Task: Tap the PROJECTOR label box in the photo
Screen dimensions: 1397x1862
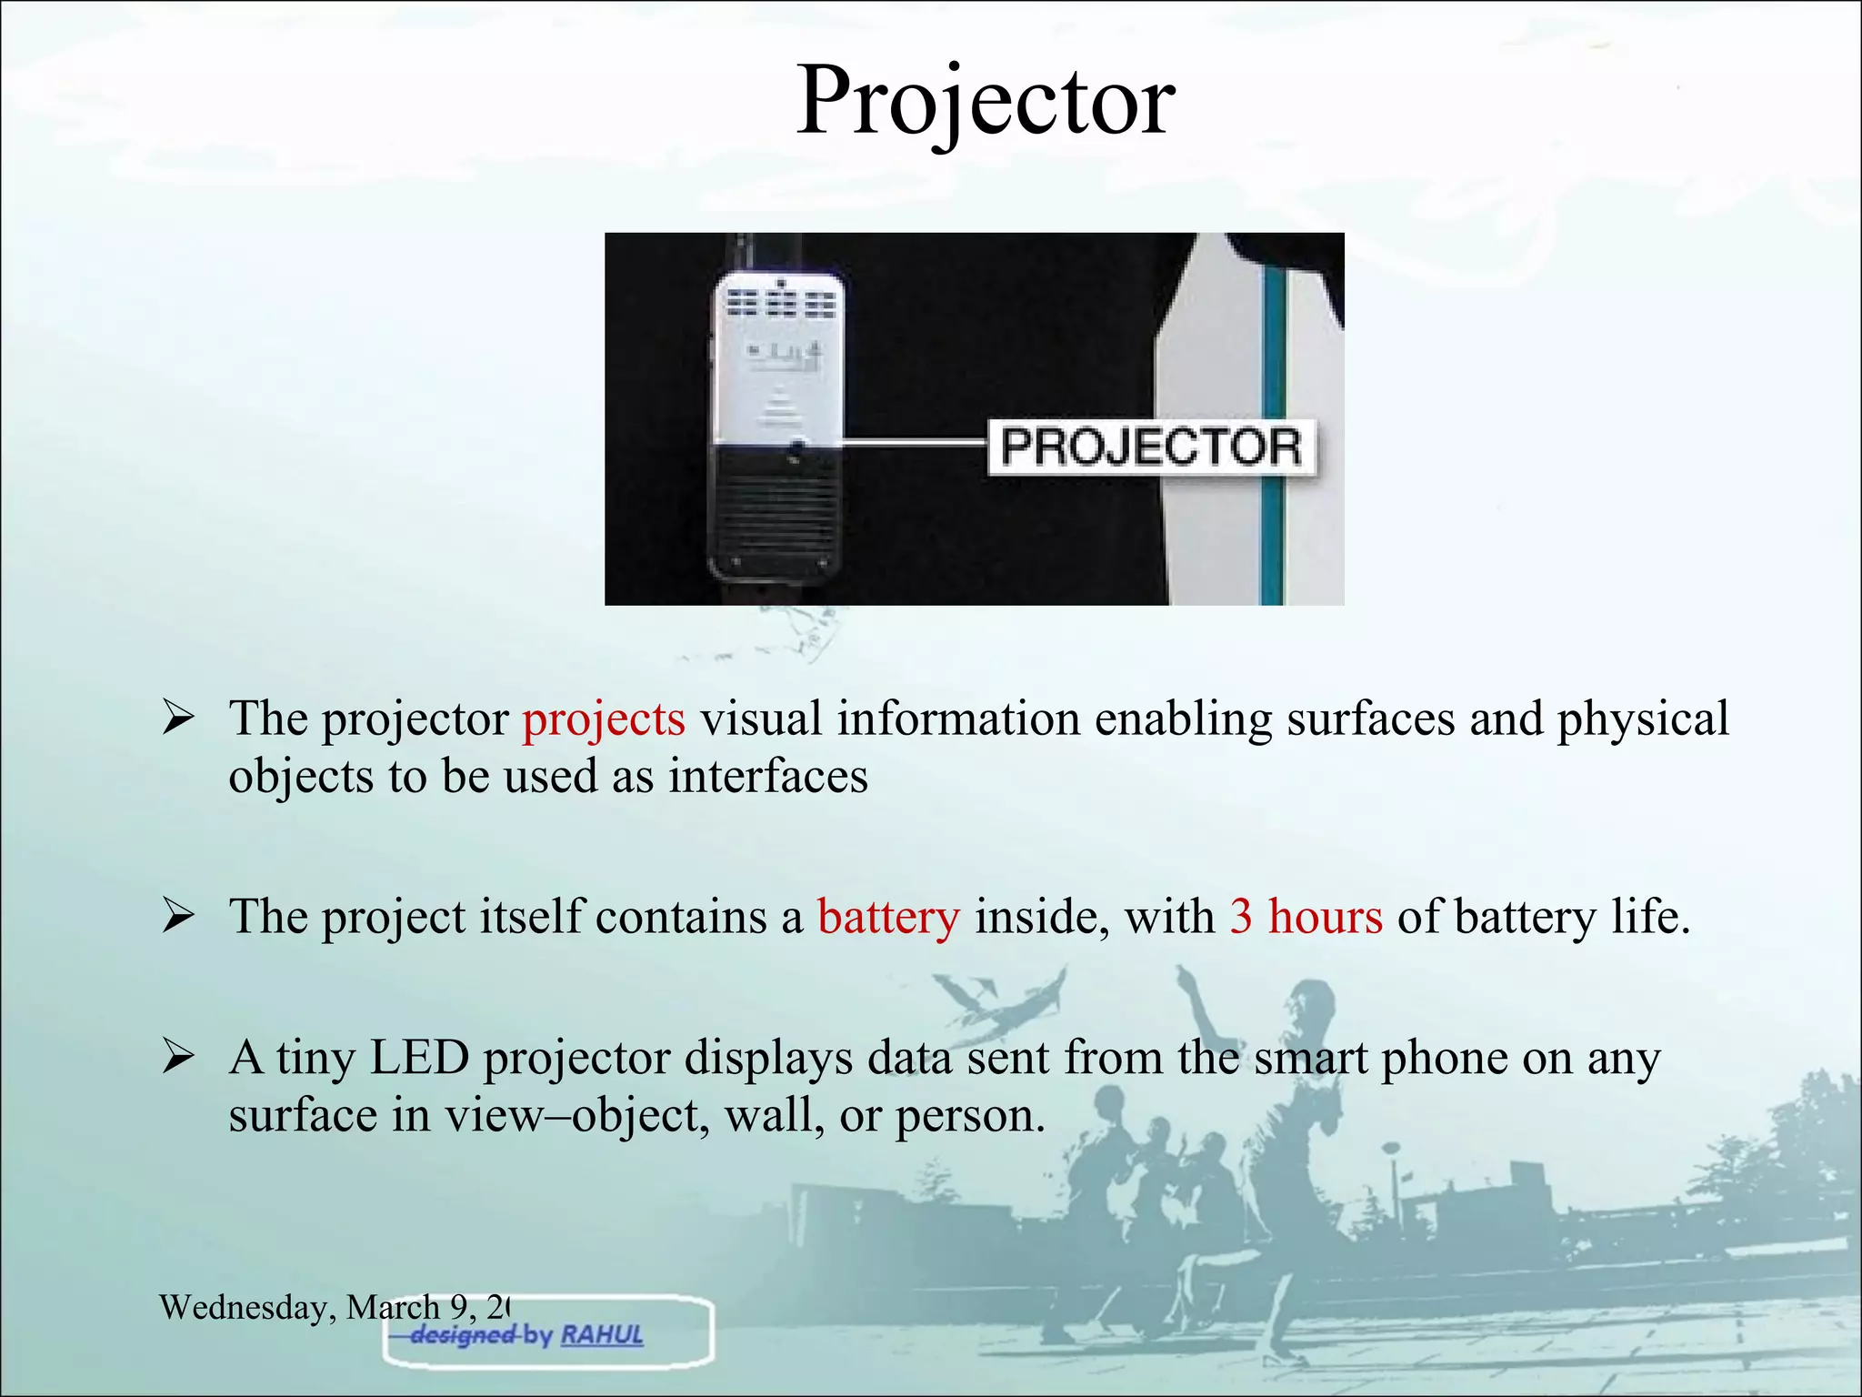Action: point(1151,447)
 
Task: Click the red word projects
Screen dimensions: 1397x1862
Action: point(604,719)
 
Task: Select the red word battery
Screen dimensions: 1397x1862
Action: point(888,917)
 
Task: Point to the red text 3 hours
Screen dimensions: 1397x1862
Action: point(1306,917)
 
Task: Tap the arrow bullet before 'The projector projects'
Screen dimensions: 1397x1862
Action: point(177,719)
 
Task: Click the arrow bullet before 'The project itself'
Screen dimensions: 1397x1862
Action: point(177,917)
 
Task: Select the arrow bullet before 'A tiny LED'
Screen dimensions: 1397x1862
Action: point(177,1058)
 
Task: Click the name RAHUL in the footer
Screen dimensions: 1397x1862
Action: point(602,1335)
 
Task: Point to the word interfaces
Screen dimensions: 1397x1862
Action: point(768,778)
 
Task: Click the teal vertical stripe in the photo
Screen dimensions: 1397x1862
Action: point(1273,437)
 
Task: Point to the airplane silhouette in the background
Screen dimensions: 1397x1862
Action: point(1000,1000)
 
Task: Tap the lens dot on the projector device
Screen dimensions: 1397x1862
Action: point(797,447)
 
